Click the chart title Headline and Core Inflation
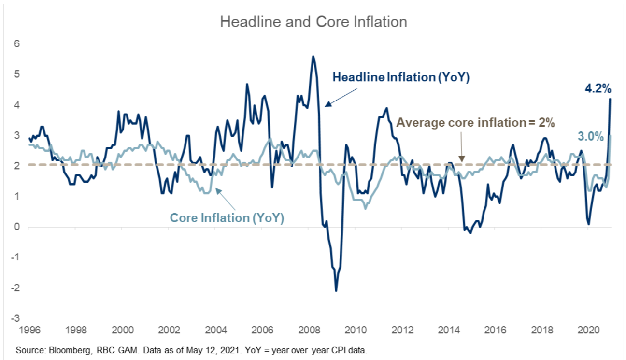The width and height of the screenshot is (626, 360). point(313,22)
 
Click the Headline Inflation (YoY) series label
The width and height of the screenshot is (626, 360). point(401,77)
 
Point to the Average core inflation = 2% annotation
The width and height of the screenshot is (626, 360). point(475,122)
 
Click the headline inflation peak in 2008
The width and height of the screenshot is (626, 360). point(313,57)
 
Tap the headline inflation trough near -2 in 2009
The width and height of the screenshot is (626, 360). point(336,290)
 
